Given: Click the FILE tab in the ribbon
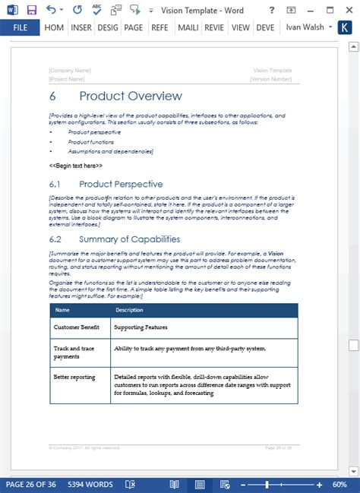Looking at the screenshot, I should coord(20,27).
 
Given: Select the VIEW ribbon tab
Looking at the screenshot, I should coord(241,27).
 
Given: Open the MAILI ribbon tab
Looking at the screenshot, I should coord(187,27).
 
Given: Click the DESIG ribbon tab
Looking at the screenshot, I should coord(107,27).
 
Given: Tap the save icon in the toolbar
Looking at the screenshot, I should coord(31,10).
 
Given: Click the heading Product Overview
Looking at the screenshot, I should coord(131,96).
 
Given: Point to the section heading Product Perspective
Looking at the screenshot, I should coord(121,184).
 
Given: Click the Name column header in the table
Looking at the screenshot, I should coord(62,310).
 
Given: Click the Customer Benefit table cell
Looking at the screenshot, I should coord(77,327).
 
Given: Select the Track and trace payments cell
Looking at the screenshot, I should coord(74,352).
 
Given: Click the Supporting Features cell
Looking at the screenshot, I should coord(141,327).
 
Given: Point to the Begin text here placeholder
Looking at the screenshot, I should coord(76,165).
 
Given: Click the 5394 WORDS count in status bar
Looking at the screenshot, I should coord(90,484).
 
